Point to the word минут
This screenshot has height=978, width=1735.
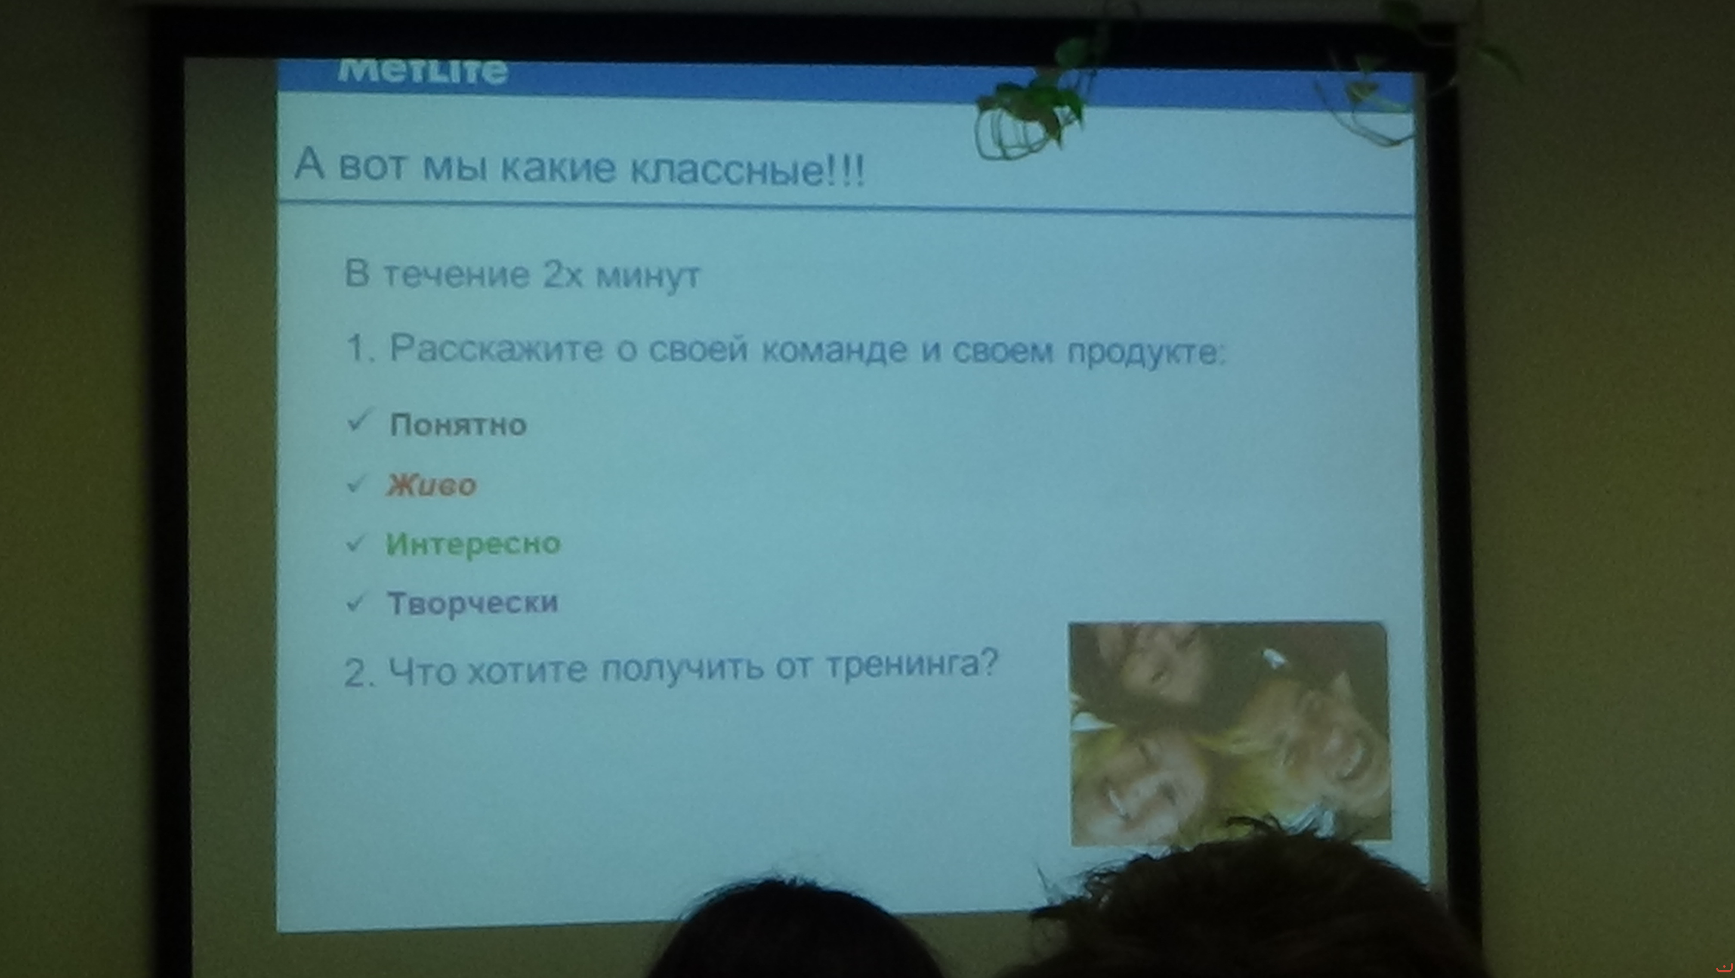(648, 276)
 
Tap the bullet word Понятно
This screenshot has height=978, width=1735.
(458, 425)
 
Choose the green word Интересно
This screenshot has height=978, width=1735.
(473, 544)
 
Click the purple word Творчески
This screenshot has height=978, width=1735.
(473, 603)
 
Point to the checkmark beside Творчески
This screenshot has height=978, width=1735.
(355, 603)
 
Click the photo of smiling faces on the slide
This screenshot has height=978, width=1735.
(1230, 732)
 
